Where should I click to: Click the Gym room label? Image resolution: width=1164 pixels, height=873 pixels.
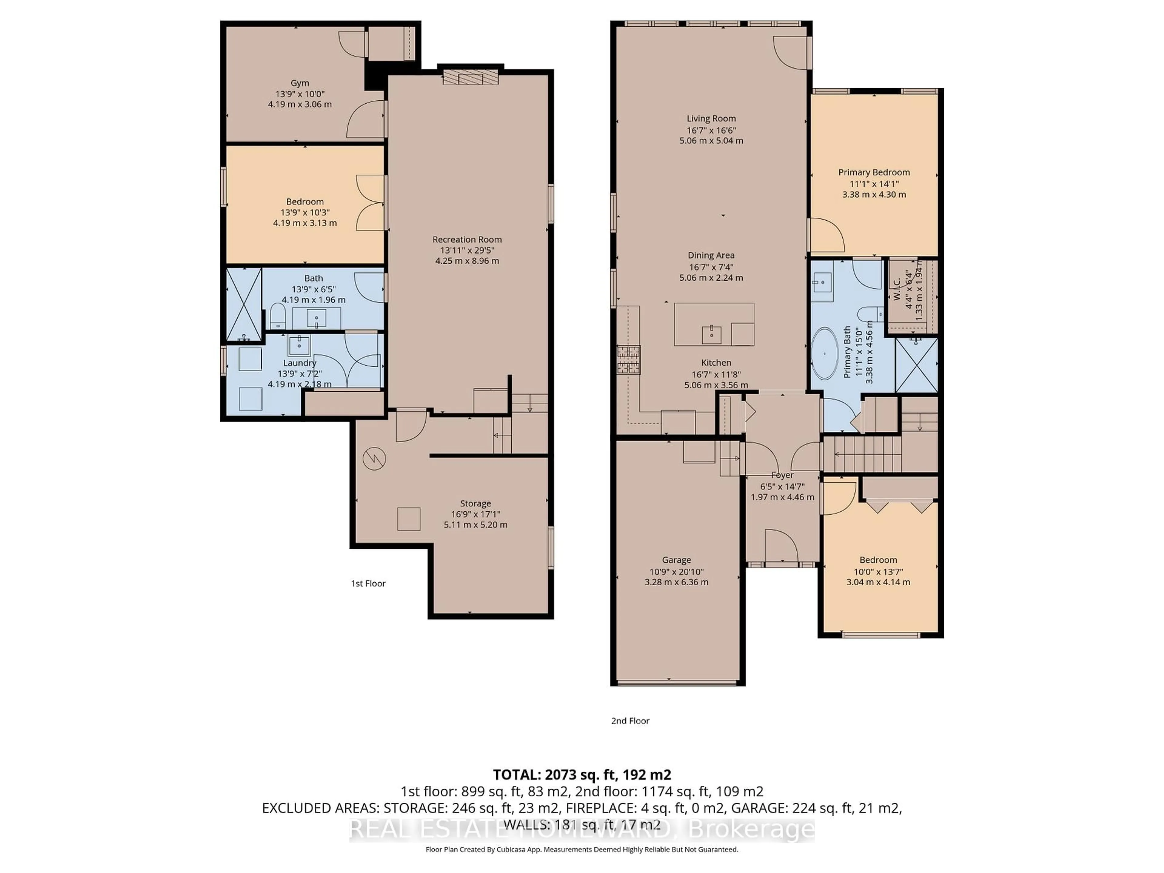pos(299,83)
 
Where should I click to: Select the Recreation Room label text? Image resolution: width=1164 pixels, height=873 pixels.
pos(467,239)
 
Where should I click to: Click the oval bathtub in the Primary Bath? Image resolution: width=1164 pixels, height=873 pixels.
pos(824,354)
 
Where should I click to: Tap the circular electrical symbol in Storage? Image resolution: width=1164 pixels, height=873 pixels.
pos(374,458)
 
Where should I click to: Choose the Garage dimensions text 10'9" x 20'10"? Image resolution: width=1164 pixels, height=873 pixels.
pos(676,571)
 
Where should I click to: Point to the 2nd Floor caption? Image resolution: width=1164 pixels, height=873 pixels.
pos(630,721)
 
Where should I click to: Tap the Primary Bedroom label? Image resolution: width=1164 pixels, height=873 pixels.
pos(874,172)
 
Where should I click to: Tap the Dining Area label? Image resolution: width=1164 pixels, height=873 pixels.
pos(711,255)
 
